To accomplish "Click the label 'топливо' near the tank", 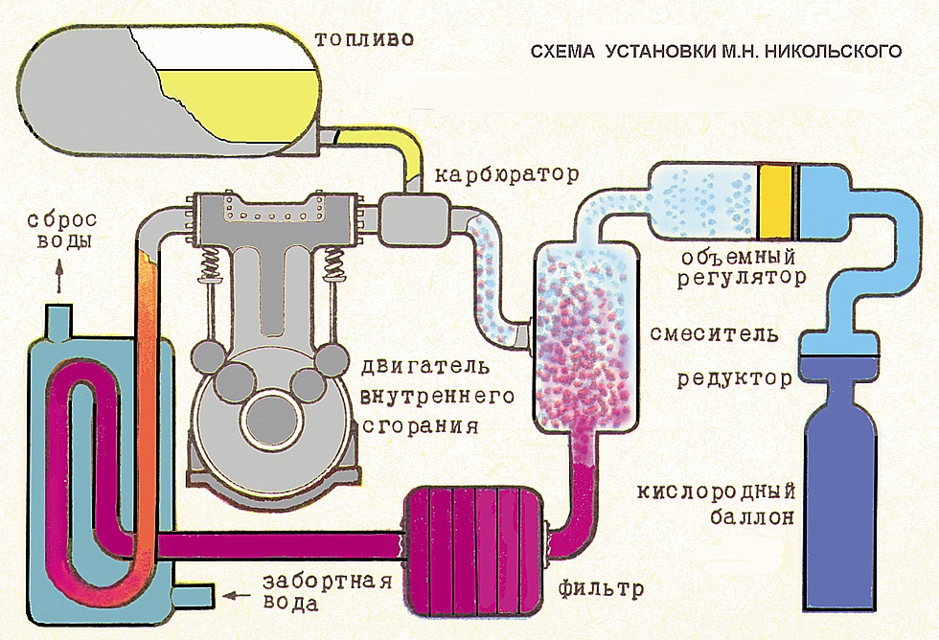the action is pos(364,39).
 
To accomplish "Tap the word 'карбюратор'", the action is pos(507,174).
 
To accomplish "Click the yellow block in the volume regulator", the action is pos(776,200).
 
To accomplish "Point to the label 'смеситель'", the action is pos(714,333).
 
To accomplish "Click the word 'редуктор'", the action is pos(735,379).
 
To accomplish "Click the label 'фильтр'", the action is pos(601,589).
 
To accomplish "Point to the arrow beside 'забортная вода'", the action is pos(238,595).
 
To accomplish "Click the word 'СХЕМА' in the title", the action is pos(562,52).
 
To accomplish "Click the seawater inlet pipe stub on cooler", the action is pos(193,595).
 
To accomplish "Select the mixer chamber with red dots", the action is pos(585,336).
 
